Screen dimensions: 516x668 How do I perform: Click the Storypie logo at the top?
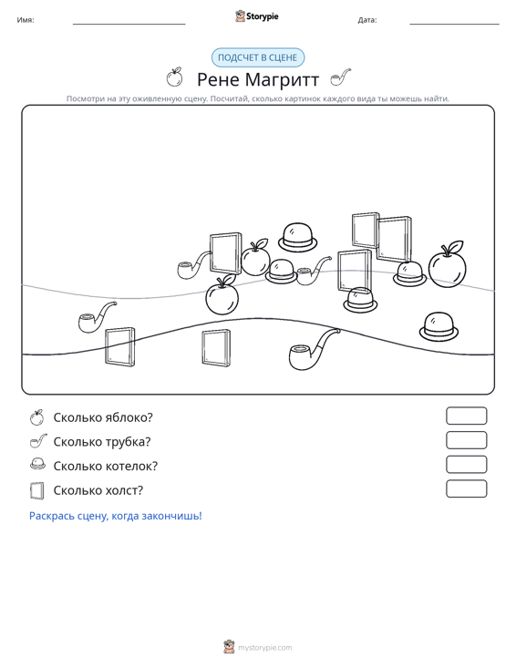(257, 16)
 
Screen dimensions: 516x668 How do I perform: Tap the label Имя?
(26, 20)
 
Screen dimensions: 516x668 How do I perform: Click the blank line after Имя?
(129, 24)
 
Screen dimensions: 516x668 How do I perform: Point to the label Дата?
(367, 20)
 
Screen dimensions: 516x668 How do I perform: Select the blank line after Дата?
(454, 24)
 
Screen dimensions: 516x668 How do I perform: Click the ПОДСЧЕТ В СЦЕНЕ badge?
(258, 57)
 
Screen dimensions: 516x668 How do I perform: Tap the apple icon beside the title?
(174, 77)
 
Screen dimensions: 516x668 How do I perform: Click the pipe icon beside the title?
(340, 77)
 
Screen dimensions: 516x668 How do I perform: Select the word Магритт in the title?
(282, 79)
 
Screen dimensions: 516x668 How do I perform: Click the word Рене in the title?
(218, 79)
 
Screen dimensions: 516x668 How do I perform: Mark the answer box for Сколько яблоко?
(466, 416)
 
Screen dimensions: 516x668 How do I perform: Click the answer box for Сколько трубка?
(466, 440)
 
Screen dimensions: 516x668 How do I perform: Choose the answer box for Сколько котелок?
(466, 465)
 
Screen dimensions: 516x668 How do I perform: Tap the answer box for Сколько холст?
(466, 488)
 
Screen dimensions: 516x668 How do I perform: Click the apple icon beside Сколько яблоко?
(37, 417)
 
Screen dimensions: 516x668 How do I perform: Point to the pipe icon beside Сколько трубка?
(38, 441)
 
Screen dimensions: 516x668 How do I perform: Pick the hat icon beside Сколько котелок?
(37, 464)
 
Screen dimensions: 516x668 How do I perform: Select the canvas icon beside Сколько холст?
(37, 490)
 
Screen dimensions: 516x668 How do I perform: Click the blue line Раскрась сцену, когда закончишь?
(116, 516)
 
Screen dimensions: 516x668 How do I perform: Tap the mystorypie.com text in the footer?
(265, 648)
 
